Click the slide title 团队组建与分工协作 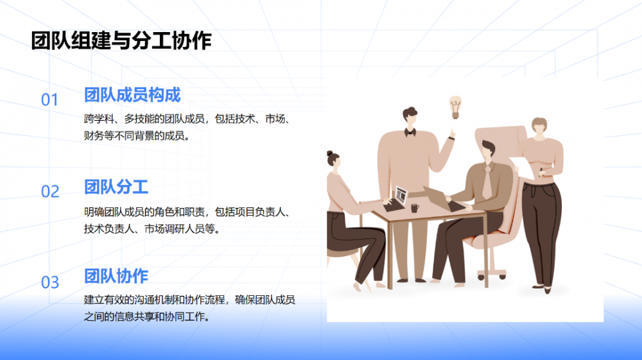[x=121, y=42]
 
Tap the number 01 [x=50, y=100]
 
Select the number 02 [x=50, y=192]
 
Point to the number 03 [x=50, y=283]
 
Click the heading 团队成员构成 [x=132, y=96]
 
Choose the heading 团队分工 [x=116, y=187]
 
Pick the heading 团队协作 [x=116, y=277]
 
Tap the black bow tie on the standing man [x=410, y=132]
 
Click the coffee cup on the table [x=415, y=207]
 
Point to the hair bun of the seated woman [x=330, y=154]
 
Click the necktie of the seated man [x=487, y=183]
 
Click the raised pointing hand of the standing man [x=451, y=134]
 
